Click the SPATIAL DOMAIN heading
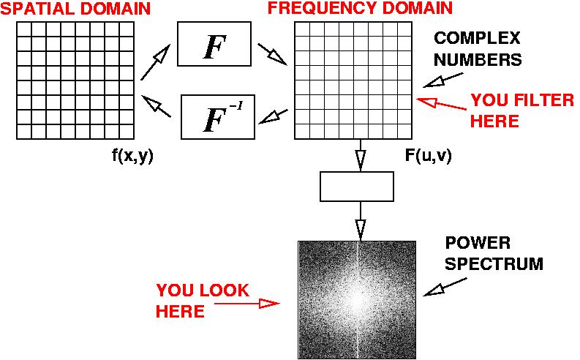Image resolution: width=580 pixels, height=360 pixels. (75, 9)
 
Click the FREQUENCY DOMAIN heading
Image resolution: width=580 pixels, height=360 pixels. (360, 8)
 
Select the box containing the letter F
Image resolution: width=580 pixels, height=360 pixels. (214, 44)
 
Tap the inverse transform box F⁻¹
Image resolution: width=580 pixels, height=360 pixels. (218, 117)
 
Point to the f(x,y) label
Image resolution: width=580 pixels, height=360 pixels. (132, 157)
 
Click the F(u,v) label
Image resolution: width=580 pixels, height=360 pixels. (429, 156)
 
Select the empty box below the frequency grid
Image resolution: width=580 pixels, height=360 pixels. (357, 187)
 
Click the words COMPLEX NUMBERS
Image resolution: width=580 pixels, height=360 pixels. (477, 49)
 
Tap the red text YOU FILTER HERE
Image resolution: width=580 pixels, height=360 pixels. (522, 110)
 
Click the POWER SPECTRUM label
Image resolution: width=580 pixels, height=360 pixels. (494, 253)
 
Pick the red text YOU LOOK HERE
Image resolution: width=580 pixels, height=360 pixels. (203, 301)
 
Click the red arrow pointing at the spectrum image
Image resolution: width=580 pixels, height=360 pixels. (246, 304)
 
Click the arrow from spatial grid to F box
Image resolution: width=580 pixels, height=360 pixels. (155, 62)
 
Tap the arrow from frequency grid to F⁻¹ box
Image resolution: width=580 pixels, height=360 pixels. (273, 116)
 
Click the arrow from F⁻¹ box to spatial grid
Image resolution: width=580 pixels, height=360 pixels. (156, 106)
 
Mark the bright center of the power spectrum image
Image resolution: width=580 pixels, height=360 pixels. (358, 301)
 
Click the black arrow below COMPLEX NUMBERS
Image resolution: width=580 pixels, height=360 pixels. (443, 80)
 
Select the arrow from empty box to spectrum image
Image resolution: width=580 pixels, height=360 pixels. (361, 221)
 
